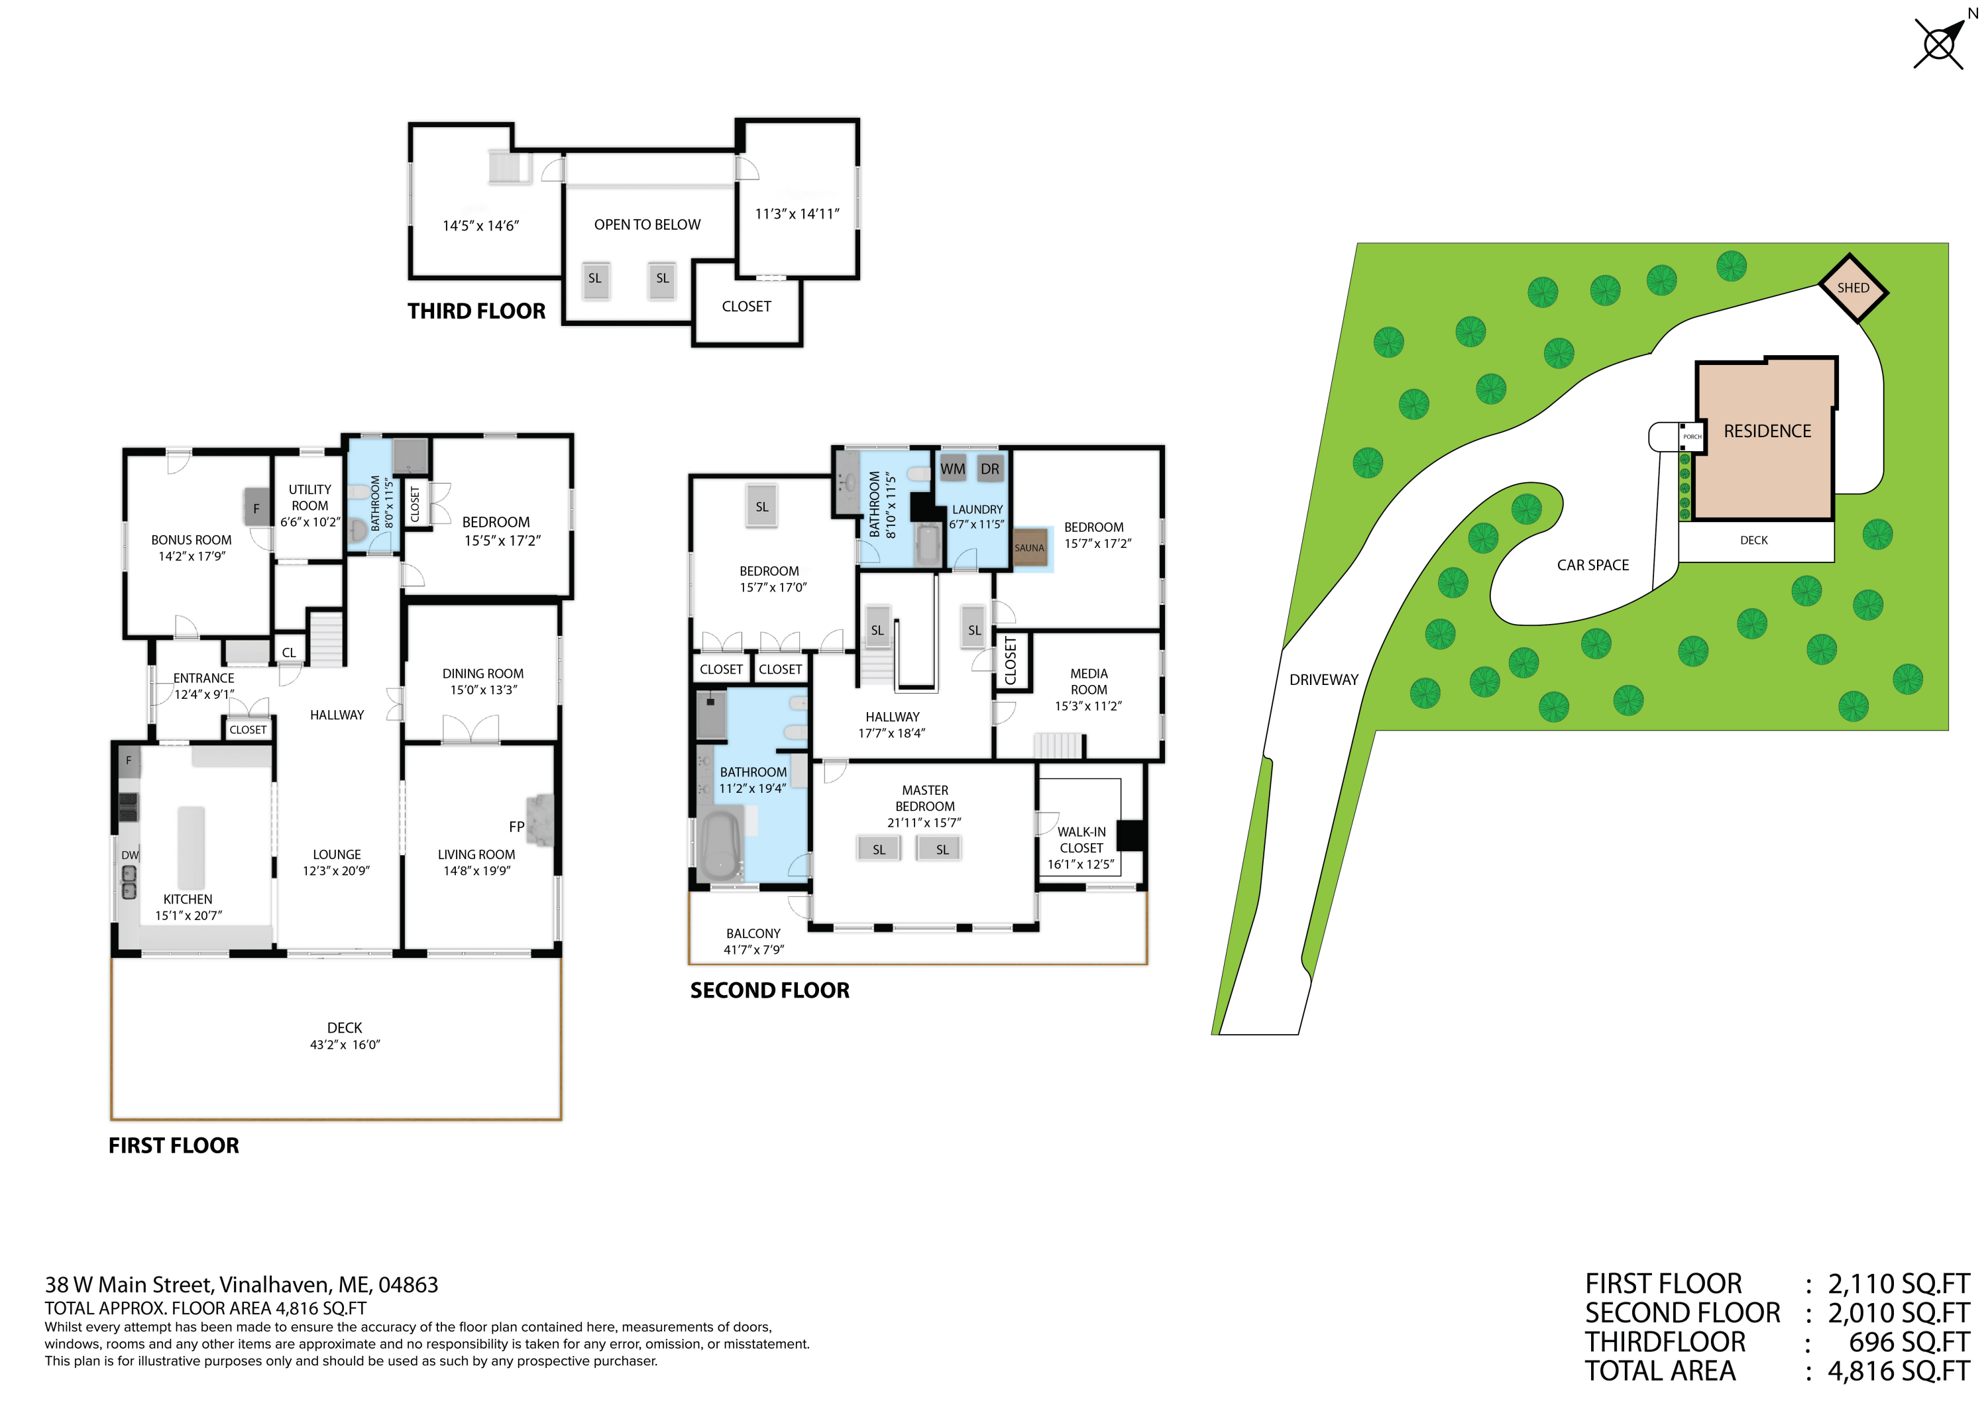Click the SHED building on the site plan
(x=1852, y=288)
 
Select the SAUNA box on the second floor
(x=1030, y=547)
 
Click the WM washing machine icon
(x=952, y=468)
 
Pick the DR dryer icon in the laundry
(x=989, y=468)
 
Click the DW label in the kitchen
(x=130, y=855)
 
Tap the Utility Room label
(x=310, y=497)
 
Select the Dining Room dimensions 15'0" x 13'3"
(x=483, y=690)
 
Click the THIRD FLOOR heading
(x=476, y=311)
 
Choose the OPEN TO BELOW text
(x=647, y=225)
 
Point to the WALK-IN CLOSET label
(x=1081, y=840)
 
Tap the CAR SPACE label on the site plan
(x=1592, y=565)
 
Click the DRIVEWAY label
(x=1323, y=680)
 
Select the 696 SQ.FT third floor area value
(x=1908, y=1343)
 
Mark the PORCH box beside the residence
(x=1692, y=437)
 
